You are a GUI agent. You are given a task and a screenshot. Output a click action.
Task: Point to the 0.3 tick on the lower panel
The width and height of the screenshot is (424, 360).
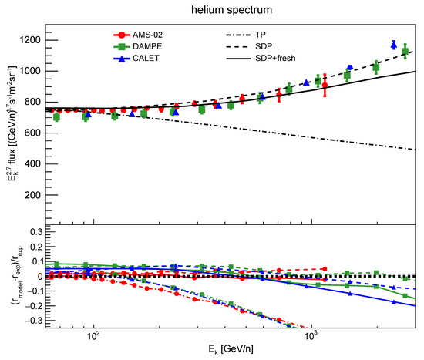pos(35,230)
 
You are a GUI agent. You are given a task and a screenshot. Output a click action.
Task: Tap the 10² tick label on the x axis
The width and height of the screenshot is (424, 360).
pos(93,337)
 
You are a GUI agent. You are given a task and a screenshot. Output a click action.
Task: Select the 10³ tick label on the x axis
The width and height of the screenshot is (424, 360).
pos(311,337)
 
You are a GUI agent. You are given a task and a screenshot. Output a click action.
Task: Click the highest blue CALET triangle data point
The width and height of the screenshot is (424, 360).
pos(394,45)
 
